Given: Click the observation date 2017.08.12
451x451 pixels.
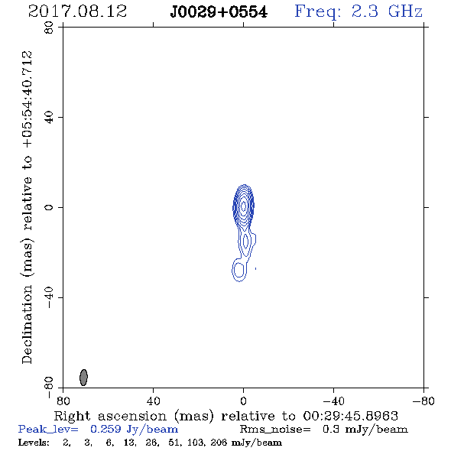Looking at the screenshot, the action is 77,11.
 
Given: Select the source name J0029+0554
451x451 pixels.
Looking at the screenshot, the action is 219,12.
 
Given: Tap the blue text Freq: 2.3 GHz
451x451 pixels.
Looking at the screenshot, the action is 359,11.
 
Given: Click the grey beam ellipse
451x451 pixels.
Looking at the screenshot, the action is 83,378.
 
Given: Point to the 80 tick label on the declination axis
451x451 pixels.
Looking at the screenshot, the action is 49,28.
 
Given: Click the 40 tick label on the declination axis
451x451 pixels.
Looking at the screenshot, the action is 49,118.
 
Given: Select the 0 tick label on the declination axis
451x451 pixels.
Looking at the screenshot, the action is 49,207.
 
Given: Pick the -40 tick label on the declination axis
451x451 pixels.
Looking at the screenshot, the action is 49,297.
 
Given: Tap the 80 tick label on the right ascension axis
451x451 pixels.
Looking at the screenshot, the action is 63,401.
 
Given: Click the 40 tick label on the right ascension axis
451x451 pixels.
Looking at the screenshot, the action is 153,401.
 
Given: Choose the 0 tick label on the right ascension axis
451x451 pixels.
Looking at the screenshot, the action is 243,401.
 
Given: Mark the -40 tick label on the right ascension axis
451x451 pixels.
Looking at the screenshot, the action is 333,401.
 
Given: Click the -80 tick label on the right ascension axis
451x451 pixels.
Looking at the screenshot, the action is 423,401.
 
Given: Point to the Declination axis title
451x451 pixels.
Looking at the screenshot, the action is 28,207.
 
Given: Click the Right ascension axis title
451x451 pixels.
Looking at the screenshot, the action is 226,416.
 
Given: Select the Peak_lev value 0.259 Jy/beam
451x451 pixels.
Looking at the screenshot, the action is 134,430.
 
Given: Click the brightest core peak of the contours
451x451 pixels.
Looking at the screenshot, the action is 244,206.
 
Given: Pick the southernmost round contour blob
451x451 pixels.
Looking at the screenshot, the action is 238,270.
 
